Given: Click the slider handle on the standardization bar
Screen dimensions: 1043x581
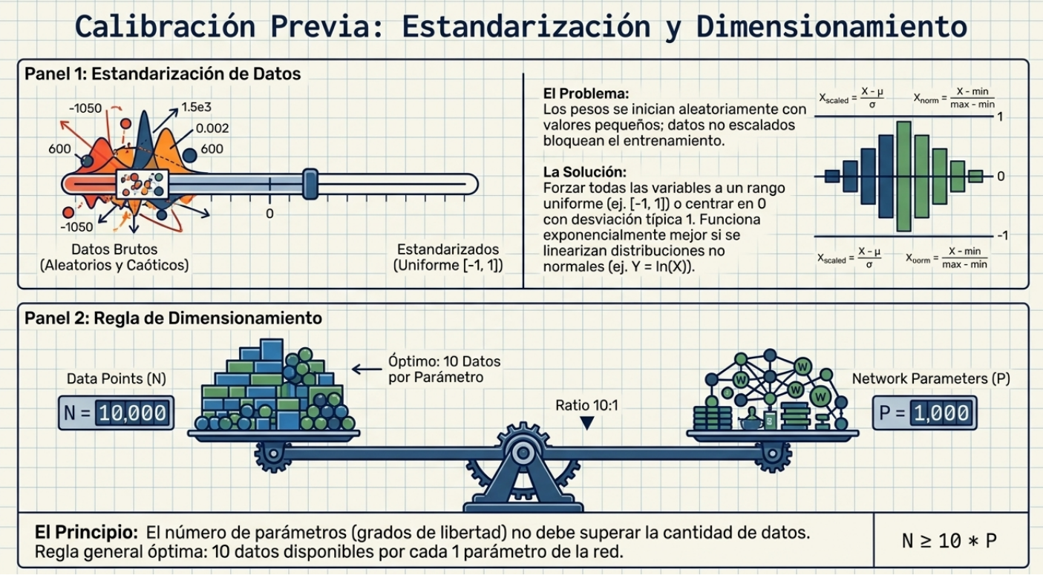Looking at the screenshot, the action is pyautogui.click(x=310, y=184).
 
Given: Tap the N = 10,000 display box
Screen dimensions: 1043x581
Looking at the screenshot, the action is pyautogui.click(x=117, y=413).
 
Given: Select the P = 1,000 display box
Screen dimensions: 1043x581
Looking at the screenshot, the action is pyautogui.click(x=925, y=413).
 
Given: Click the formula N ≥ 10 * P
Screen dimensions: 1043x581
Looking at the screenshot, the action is pyautogui.click(x=949, y=541).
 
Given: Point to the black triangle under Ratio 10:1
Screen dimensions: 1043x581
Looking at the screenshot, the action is pyautogui.click(x=587, y=423).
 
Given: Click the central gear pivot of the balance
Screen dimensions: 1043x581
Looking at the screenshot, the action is pyautogui.click(x=523, y=453).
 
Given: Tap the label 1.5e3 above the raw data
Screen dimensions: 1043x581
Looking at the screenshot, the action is pyautogui.click(x=196, y=107).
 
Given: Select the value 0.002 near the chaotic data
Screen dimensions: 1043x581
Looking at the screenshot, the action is pyautogui.click(x=212, y=128).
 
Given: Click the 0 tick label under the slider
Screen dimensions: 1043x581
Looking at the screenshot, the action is pyautogui.click(x=269, y=214).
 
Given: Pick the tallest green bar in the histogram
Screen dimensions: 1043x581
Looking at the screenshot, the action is pyautogui.click(x=903, y=177).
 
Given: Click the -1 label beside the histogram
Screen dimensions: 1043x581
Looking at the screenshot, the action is pyautogui.click(x=1002, y=235).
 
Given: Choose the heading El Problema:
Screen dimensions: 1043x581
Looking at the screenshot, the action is pyautogui.click(x=586, y=93).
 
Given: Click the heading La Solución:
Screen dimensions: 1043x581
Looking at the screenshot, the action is pyautogui.click(x=585, y=172).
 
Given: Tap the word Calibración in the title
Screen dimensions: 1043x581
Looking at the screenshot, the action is pyautogui.click(x=166, y=26).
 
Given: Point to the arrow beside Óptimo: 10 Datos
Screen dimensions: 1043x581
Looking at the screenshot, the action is pyautogui.click(x=367, y=370).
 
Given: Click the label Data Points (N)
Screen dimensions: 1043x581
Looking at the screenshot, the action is pyautogui.click(x=117, y=378).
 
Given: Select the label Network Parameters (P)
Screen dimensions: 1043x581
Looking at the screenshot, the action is pyautogui.click(x=931, y=378).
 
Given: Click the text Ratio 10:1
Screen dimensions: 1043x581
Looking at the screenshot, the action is pyautogui.click(x=586, y=405).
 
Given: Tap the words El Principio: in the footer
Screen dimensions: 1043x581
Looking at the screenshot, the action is pyautogui.click(x=86, y=532).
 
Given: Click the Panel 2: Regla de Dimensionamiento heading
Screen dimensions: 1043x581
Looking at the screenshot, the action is pyautogui.click(x=173, y=318).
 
